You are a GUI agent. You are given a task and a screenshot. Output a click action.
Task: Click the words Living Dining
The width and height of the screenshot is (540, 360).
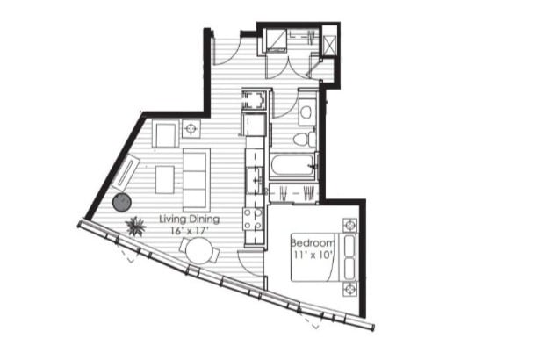[189, 219]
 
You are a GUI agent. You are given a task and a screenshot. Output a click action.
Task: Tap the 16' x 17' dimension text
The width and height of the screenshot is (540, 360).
[188, 230]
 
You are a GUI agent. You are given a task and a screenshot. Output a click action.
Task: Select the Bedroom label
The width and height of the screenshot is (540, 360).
[313, 243]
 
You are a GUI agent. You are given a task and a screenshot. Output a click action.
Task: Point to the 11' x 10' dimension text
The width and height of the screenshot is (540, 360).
[313, 255]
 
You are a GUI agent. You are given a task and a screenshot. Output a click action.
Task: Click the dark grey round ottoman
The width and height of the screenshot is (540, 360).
[121, 203]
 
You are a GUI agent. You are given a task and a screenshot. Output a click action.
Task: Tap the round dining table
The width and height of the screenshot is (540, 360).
[200, 252]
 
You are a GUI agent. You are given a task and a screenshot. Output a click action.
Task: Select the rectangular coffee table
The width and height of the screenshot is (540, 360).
[165, 179]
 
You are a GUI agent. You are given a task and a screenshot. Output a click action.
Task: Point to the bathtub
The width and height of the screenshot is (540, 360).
[292, 165]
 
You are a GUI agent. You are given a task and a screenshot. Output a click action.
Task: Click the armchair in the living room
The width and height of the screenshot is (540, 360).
[165, 135]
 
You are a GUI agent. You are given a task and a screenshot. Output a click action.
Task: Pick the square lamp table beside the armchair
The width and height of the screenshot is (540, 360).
[191, 129]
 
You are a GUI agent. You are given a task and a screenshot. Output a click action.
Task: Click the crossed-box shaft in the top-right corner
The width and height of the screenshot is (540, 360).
[329, 42]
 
